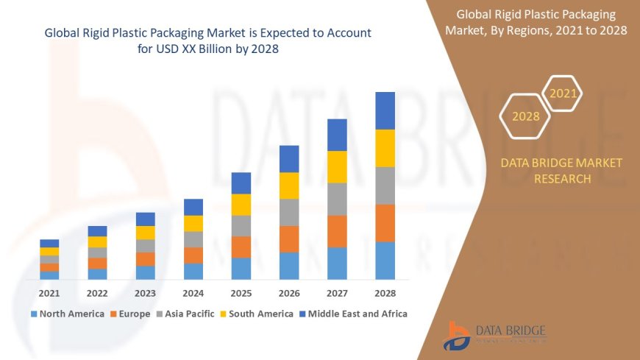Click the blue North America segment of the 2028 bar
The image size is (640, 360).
click(385, 261)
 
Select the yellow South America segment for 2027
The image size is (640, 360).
click(337, 167)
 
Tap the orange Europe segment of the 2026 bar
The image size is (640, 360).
click(289, 239)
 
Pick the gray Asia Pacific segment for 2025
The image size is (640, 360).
click(241, 226)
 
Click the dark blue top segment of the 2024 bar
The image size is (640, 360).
click(193, 207)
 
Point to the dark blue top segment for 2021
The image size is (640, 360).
click(49, 243)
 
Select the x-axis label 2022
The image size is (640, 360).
click(97, 292)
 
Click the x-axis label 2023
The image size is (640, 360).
click(145, 292)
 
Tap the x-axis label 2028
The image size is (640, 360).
click(385, 292)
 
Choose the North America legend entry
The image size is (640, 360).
click(67, 314)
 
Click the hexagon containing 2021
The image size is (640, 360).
click(563, 93)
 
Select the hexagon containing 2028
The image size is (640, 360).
click(525, 116)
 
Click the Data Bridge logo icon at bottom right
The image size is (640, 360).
click(458, 336)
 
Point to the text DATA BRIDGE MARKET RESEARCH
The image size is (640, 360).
click(561, 171)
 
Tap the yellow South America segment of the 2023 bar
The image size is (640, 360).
click(145, 233)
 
